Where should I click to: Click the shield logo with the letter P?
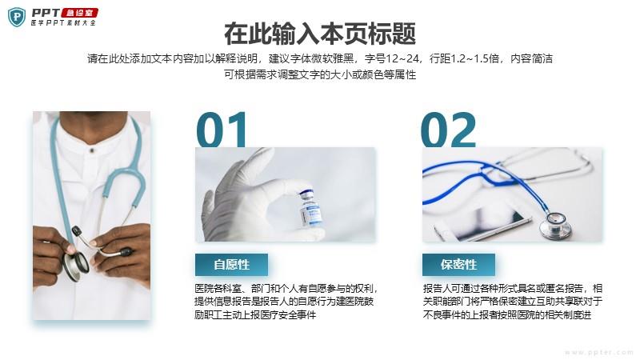coord(17,18)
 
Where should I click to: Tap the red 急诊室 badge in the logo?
coord(80,14)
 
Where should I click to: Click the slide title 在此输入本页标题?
coord(320,34)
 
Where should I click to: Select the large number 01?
coord(222,130)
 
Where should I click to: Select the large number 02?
coord(449,130)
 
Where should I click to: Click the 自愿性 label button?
coord(231,265)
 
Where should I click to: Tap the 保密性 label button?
coord(458,265)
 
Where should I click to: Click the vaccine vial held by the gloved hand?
coord(310,208)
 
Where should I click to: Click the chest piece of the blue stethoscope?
coord(555,226)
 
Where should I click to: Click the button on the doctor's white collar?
coord(92,150)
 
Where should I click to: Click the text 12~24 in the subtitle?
coord(402,58)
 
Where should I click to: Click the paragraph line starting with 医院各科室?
coord(286,289)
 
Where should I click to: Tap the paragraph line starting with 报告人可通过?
coord(513,289)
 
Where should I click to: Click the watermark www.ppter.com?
coord(598,352)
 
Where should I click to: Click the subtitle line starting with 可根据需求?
coord(320,74)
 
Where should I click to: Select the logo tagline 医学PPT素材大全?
coord(63,23)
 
